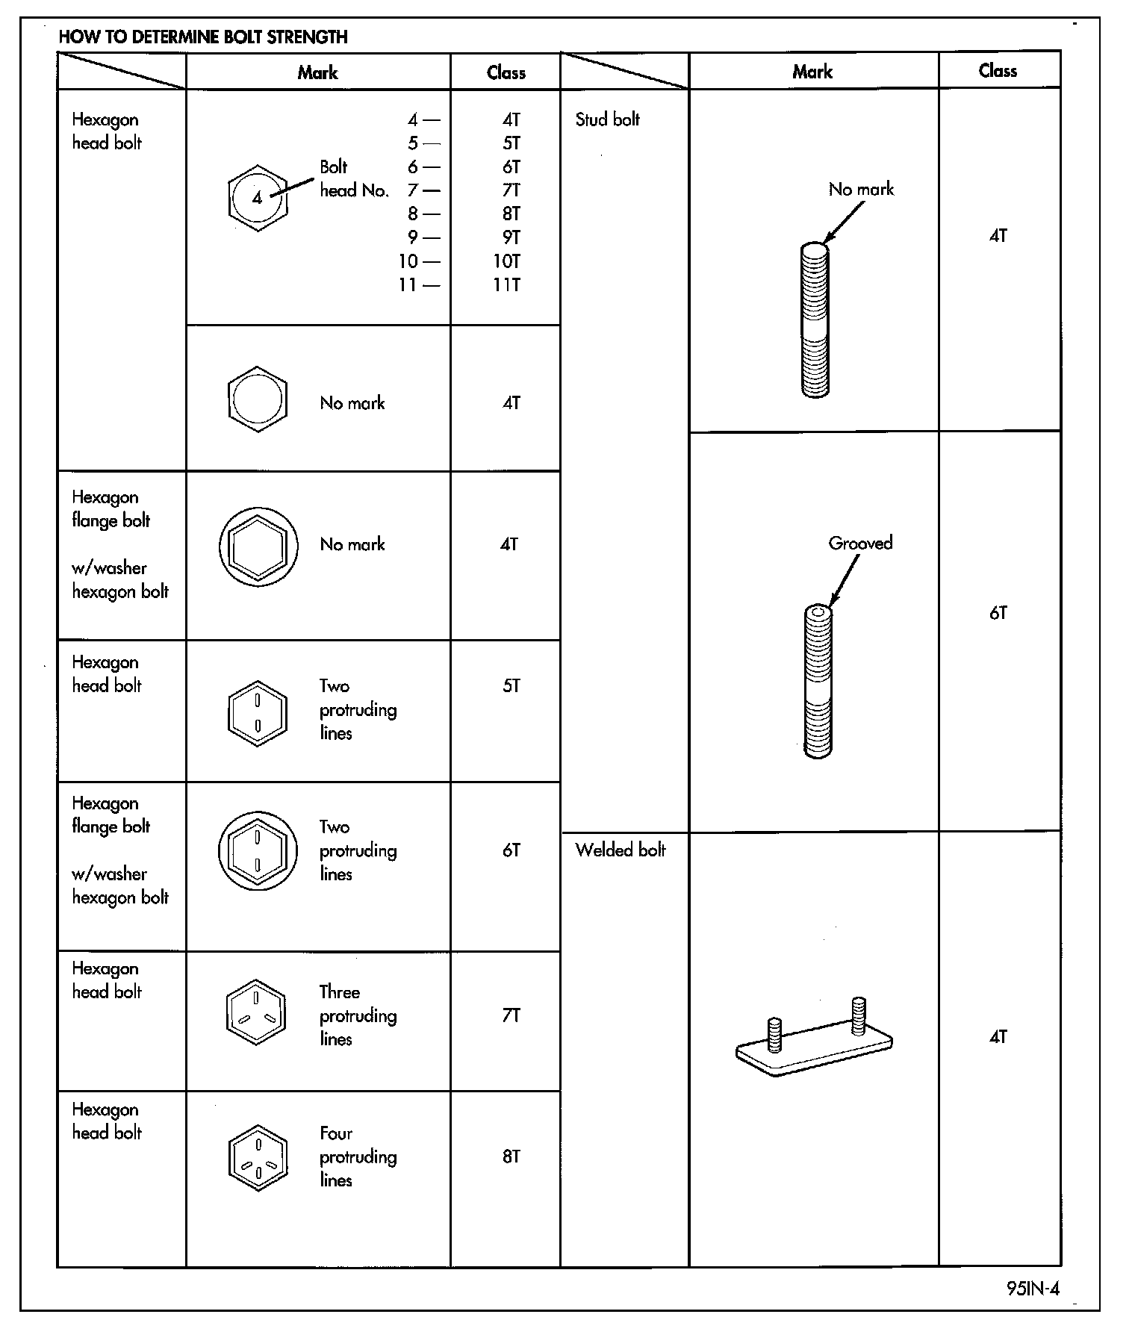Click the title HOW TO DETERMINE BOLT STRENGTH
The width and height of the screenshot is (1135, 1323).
pos(203,37)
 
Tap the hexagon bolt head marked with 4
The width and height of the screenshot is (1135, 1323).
pos(258,198)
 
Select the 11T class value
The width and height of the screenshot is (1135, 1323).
pos(506,284)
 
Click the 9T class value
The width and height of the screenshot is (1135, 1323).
pos(511,237)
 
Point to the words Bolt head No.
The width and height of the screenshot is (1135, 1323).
pos(354,179)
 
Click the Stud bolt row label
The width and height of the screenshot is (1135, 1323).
pos(607,119)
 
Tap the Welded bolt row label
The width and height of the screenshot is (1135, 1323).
pos(620,850)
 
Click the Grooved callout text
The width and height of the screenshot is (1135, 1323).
pos(860,543)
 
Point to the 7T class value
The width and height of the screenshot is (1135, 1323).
pos(511,1015)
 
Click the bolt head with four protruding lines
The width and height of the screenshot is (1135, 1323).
pos(258,1157)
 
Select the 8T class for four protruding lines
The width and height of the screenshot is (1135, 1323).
pos(511,1157)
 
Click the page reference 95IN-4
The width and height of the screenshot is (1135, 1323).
pos(1032,1289)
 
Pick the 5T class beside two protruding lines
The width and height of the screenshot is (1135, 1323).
pos(511,685)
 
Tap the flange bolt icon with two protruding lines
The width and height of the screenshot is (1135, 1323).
pos(258,850)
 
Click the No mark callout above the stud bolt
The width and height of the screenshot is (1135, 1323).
pos(861,189)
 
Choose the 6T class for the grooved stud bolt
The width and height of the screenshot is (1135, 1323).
pos(998,613)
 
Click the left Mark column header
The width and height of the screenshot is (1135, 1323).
pos(317,72)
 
